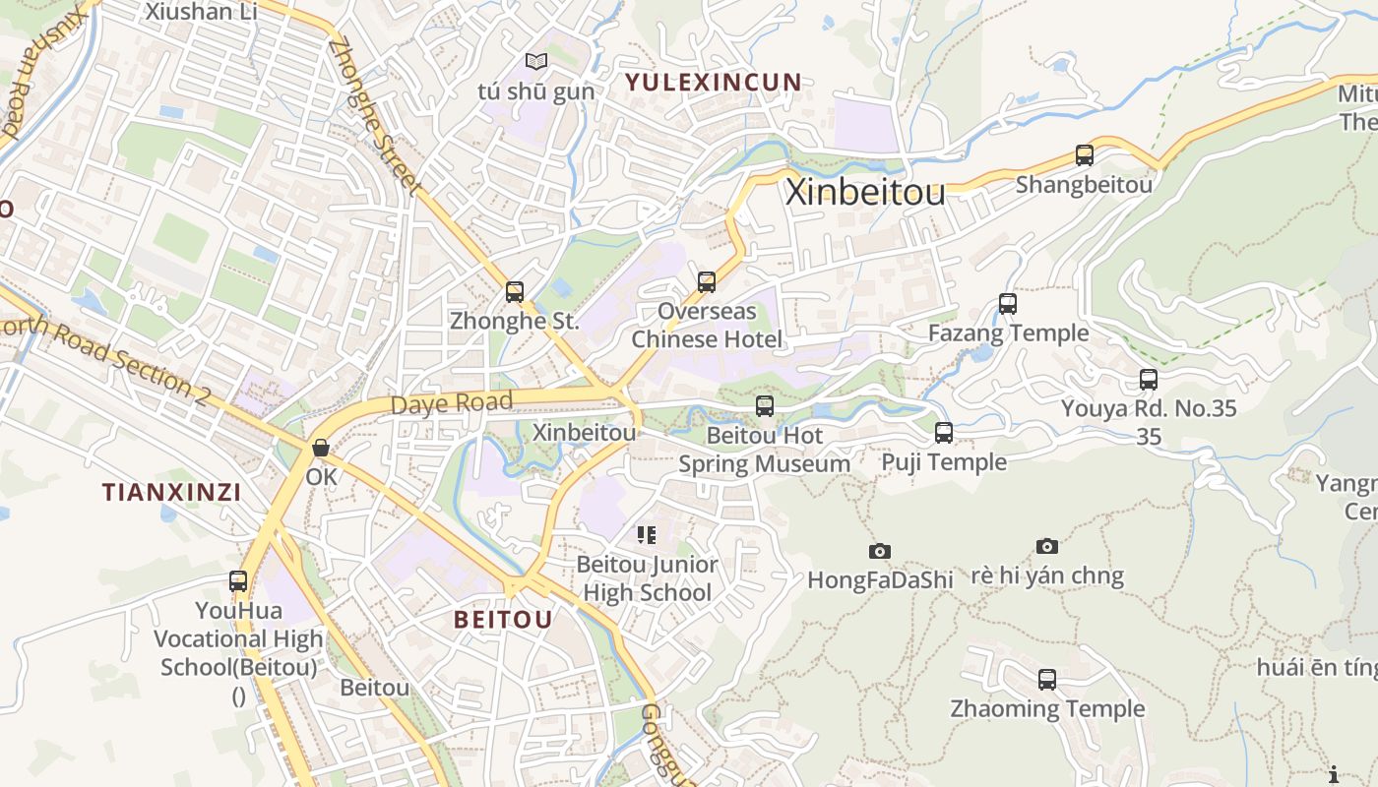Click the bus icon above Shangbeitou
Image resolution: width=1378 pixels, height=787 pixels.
pos(1084,154)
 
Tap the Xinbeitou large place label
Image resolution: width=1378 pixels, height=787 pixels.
pos(865,192)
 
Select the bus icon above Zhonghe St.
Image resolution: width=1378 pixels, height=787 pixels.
pos(514,291)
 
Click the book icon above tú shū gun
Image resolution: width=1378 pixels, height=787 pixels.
pos(535,62)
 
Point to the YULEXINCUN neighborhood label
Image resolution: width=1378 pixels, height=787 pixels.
pos(714,83)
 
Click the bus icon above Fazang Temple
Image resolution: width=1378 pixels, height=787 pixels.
pos(1007,303)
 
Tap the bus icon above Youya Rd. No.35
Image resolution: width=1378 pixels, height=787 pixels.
pos(1148,379)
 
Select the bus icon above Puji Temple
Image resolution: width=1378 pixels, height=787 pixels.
pos(943,432)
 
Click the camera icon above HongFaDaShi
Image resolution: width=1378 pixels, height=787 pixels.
pos(879,551)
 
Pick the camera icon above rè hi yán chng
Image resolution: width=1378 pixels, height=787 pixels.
pos(1047,546)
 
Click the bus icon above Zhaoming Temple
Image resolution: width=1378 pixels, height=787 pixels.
pos(1046,679)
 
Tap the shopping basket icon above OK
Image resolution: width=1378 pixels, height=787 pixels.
pos(321,448)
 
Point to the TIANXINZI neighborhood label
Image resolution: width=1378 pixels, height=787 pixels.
pos(172,493)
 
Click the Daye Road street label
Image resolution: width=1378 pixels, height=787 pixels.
pos(452,403)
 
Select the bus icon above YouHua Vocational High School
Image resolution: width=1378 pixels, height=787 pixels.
pos(238,580)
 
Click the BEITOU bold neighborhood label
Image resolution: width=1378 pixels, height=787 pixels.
pos(503,620)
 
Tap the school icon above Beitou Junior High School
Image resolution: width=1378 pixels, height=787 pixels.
pos(647,535)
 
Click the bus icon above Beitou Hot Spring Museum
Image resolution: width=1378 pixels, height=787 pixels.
pos(764,405)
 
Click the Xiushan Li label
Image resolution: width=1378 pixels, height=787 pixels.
pos(201,12)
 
